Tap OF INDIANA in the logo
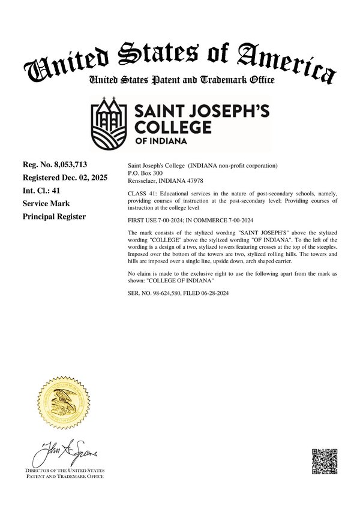160,141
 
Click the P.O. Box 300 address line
145,171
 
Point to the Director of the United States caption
65,471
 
